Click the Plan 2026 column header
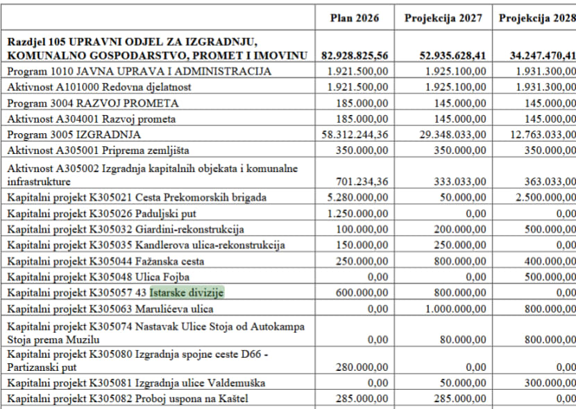click(x=355, y=18)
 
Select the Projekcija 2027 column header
click(x=443, y=18)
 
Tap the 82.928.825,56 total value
click(x=355, y=55)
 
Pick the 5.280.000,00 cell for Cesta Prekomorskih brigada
click(x=357, y=197)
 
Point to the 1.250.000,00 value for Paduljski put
click(x=357, y=213)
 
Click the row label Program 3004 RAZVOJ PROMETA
click(x=93, y=103)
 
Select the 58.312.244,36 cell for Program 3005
click(x=354, y=134)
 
